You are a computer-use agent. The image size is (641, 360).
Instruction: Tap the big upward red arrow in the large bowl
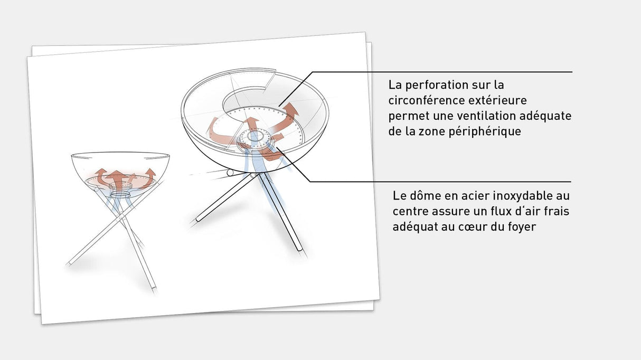(x=254, y=126)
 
